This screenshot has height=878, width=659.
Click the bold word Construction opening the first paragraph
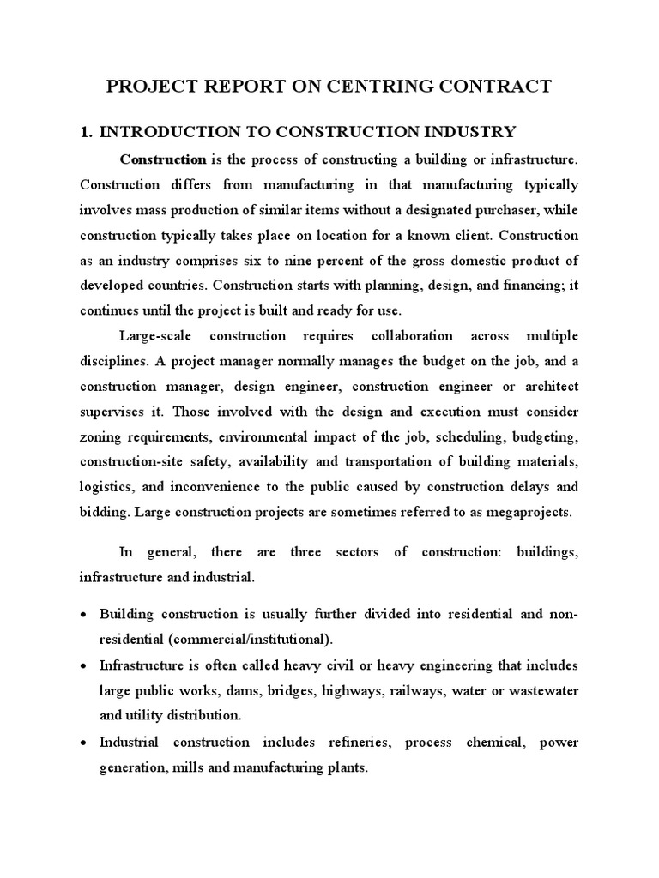(x=163, y=159)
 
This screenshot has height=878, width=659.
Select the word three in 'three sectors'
(x=306, y=552)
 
